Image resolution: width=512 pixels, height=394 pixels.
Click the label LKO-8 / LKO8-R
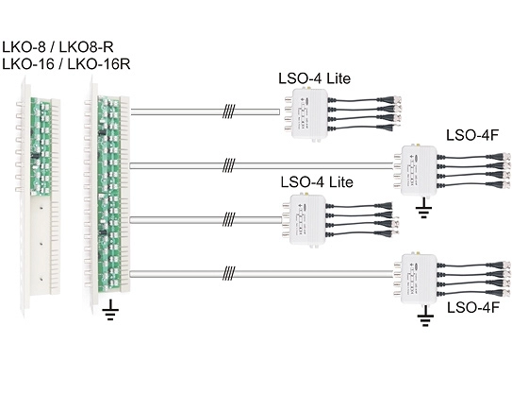(x=58, y=47)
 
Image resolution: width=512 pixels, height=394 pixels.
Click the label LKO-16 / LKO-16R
(x=66, y=64)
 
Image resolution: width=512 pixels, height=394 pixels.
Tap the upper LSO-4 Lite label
(x=314, y=78)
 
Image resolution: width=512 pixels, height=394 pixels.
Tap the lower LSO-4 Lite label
(x=317, y=182)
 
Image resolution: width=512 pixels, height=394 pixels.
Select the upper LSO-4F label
(x=472, y=135)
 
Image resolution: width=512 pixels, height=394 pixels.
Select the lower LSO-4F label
(x=473, y=308)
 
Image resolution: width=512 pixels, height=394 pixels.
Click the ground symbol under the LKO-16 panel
(x=110, y=310)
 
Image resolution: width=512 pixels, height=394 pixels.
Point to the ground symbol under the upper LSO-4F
(x=423, y=208)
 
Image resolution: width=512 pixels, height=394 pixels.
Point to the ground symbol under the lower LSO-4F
(x=425, y=316)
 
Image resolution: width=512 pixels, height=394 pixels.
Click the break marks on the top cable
(x=229, y=111)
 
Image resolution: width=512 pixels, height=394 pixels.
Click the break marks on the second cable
(x=228, y=165)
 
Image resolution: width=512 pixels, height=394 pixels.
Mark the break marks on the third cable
(x=228, y=219)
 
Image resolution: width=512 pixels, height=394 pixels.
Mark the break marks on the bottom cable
(x=228, y=274)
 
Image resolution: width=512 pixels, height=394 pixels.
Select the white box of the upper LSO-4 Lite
(x=309, y=113)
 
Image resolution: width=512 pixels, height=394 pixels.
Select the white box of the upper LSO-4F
(x=419, y=170)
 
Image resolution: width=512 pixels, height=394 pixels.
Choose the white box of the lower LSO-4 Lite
(x=308, y=219)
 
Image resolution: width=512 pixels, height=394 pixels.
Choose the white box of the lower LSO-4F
(x=419, y=279)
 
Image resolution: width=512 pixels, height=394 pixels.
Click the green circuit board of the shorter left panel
(x=41, y=146)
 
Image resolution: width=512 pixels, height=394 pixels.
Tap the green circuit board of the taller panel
(x=109, y=194)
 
